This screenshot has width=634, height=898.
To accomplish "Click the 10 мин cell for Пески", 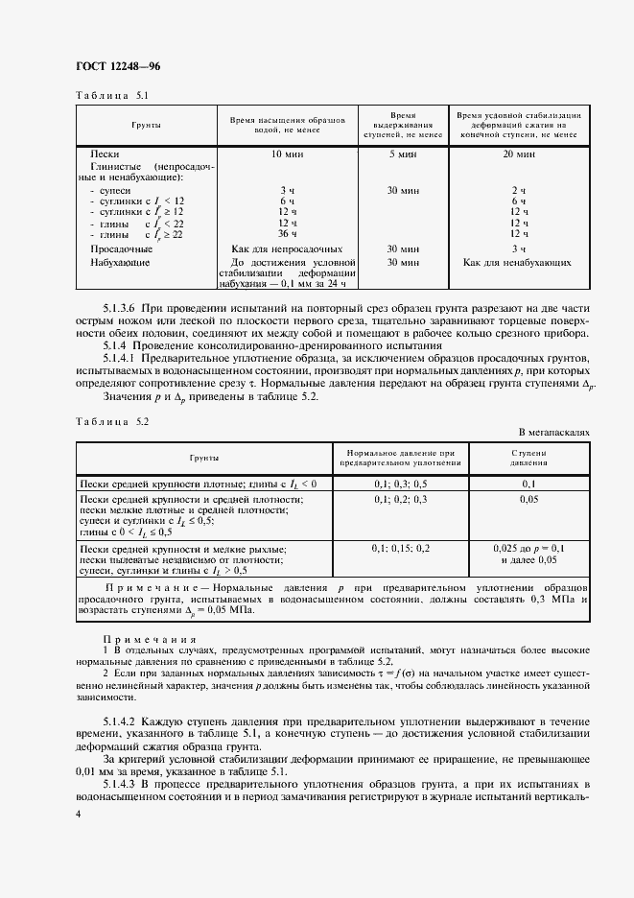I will pyautogui.click(x=287, y=154).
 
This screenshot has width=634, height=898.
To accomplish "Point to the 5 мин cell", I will pyautogui.click(x=402, y=154).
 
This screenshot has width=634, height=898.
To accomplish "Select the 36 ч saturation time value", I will pyautogui.click(x=287, y=232).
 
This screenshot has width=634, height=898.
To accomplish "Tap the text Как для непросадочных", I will pyautogui.click(x=287, y=248).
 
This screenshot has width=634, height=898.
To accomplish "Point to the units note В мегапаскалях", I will pyautogui.click(x=553, y=433).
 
